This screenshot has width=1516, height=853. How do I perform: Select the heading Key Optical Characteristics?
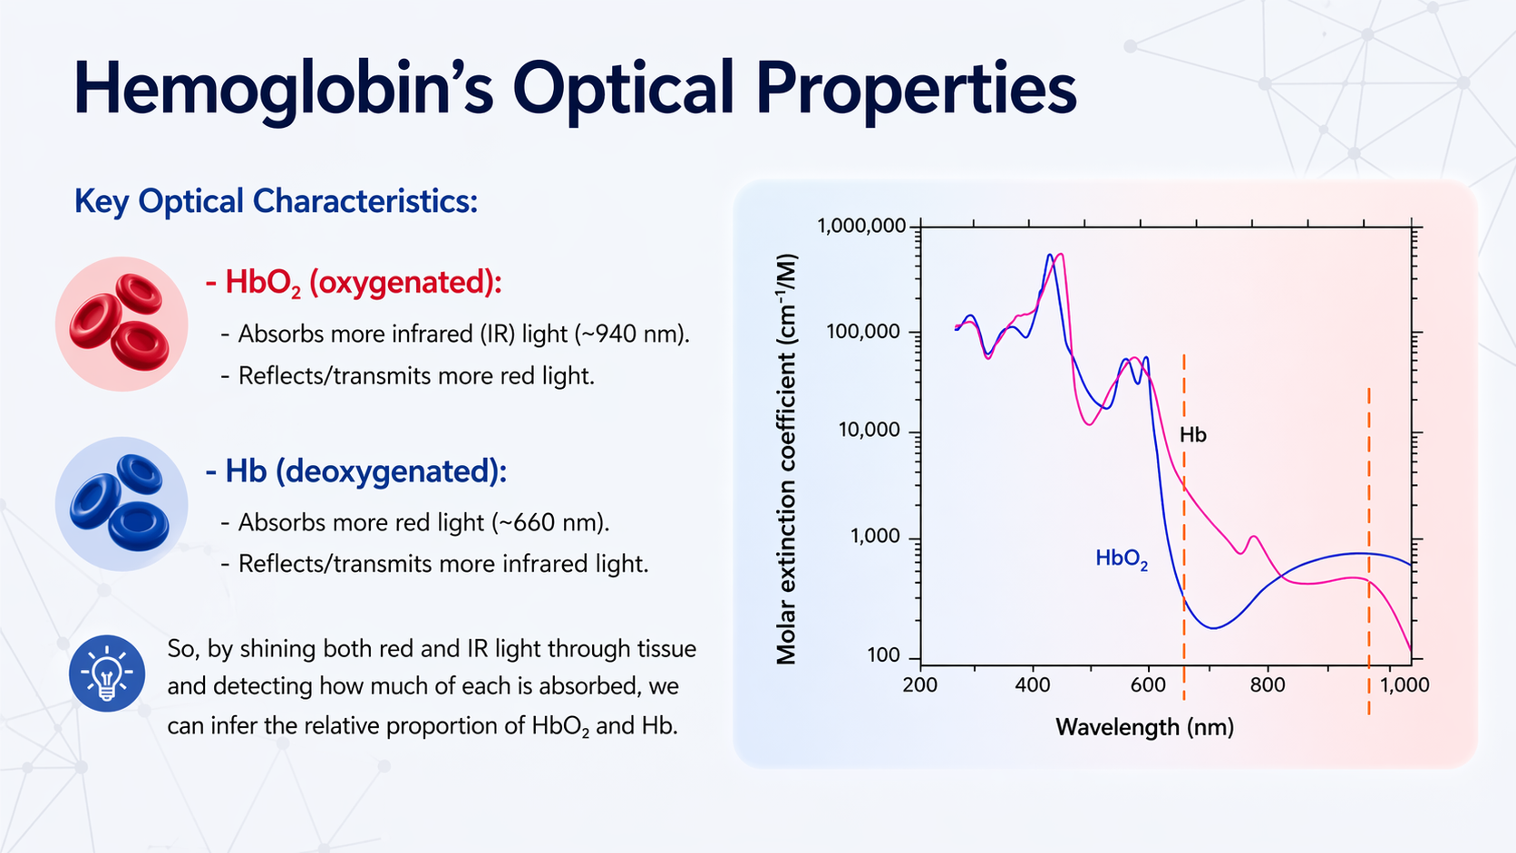276,201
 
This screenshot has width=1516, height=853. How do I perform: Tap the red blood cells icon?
121,324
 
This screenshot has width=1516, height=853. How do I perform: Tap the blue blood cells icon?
121,504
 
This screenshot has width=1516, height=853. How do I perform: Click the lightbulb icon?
107,673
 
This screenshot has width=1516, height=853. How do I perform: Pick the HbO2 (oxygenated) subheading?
354,283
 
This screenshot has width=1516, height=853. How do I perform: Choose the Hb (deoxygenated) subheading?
356,471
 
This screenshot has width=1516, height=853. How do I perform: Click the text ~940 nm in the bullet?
630,334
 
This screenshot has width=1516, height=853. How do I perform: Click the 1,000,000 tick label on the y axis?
861,226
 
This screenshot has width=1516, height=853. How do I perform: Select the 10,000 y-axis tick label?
869,430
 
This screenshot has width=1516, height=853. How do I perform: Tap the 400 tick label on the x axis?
1032,685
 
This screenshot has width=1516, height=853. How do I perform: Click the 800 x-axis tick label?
1267,685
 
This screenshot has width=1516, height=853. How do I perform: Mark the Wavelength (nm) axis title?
1144,727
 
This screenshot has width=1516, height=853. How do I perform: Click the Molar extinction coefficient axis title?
786,459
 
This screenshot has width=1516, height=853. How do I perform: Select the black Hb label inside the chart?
1192,435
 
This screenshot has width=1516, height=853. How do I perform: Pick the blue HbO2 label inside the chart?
1122,558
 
